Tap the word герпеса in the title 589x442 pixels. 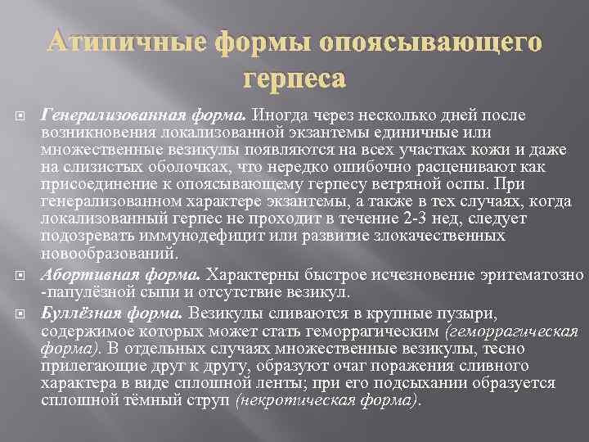coord(294,79)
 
